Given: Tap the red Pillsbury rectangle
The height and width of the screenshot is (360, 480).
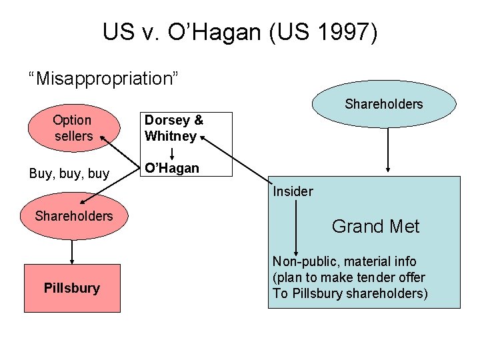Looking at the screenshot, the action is coord(72,288).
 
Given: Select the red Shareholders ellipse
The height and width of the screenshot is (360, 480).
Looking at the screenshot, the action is coord(73,216).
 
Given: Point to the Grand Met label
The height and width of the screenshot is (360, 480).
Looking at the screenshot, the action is coord(375,227).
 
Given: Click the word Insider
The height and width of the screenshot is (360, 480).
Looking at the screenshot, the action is coord(293,191).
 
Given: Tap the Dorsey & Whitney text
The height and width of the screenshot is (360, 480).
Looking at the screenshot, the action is coord(173,128).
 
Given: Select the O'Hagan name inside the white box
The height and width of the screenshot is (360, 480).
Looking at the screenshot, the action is coord(172,168).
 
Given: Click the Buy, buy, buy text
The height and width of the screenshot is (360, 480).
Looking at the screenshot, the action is coord(69,173).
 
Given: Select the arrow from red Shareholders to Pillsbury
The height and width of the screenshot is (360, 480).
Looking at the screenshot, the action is coord(72,251).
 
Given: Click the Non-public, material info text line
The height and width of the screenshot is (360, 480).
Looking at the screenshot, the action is coord(344,261).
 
